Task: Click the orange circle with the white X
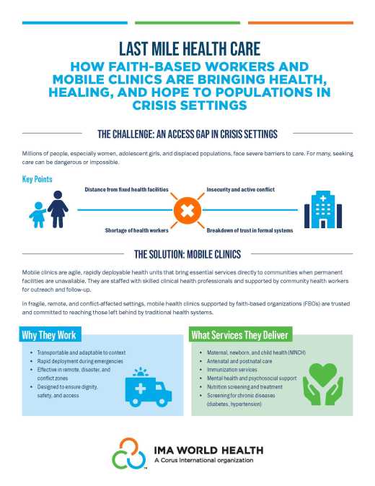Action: point(187,210)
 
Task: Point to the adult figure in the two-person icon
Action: point(57,208)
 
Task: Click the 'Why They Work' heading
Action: point(48,335)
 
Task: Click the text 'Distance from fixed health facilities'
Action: point(126,190)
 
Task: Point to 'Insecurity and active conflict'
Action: point(240,190)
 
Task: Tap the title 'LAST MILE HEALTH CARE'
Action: point(187,47)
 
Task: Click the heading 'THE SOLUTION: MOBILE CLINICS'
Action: point(187,254)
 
